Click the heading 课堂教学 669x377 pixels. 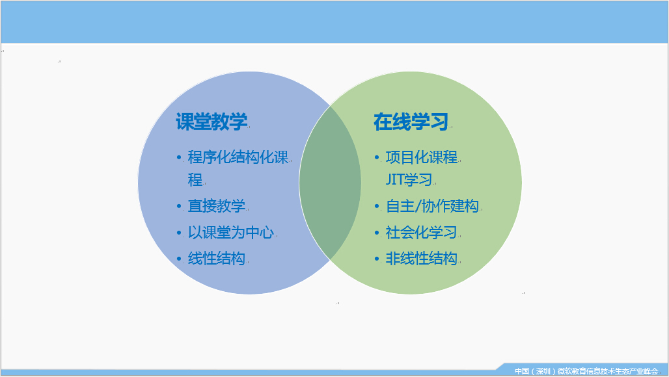[x=212, y=122]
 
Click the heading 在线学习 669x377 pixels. [x=411, y=122]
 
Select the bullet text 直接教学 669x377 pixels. [x=217, y=206]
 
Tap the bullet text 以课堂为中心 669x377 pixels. [x=231, y=232]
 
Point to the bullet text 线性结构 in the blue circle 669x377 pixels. [x=217, y=258]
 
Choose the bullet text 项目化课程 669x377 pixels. [x=422, y=157]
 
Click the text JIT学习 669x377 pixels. [x=409, y=179]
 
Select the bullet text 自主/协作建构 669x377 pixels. [x=432, y=206]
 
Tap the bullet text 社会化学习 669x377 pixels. [x=422, y=232]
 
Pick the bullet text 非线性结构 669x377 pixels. [x=422, y=258]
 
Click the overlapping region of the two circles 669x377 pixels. [x=330, y=183]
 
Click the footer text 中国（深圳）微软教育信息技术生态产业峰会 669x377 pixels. [x=586, y=371]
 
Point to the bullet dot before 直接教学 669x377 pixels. [x=179, y=206]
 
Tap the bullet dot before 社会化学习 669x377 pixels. [x=377, y=233]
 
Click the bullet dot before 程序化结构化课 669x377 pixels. [x=179, y=157]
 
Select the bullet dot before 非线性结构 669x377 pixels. [x=377, y=259]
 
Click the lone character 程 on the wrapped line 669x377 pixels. [x=195, y=179]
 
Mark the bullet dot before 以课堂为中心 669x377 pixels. [x=179, y=233]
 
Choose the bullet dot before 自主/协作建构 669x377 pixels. [x=377, y=206]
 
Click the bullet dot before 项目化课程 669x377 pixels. [x=377, y=157]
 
